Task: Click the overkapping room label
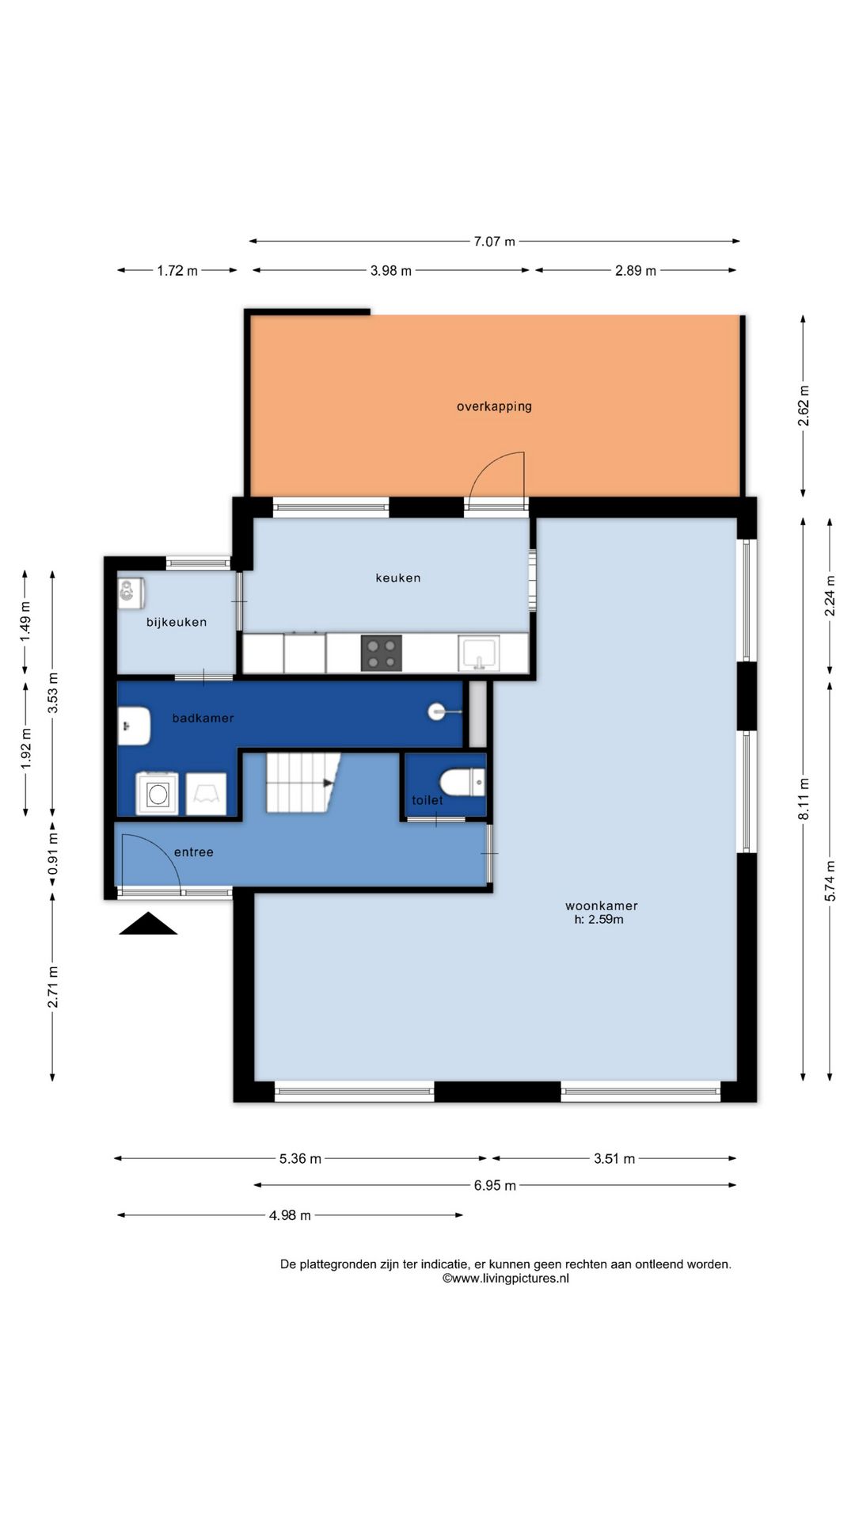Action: point(494,406)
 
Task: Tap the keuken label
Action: point(398,578)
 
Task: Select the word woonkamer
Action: point(602,905)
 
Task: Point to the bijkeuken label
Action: point(177,622)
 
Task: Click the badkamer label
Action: point(203,718)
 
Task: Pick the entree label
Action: point(194,852)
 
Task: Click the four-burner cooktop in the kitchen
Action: point(382,653)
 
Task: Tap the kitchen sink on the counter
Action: point(480,654)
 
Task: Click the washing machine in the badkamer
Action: point(157,793)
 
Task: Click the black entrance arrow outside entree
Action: point(148,924)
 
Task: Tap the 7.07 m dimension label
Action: point(494,241)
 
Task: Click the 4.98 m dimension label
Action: point(290,1215)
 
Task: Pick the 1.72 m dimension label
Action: point(177,270)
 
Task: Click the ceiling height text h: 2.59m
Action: point(599,920)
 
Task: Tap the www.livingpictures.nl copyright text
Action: point(506,1278)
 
